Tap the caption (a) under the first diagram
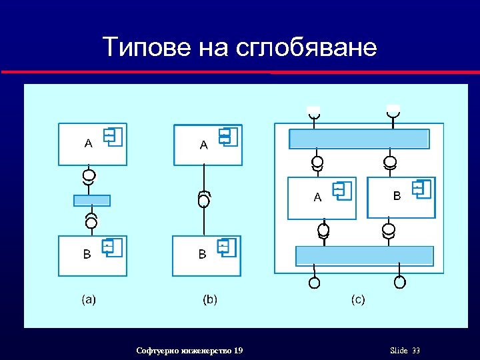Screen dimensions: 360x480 [89, 300]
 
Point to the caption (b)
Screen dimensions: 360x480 [210, 300]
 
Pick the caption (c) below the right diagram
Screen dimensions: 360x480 [358, 300]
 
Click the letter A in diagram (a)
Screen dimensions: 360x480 [88, 143]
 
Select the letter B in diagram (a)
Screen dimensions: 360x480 [87, 254]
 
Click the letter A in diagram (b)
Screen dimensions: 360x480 [204, 145]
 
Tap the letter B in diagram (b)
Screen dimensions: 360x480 [203, 254]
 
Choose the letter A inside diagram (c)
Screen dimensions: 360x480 [317, 197]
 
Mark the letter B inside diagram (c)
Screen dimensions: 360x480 [397, 196]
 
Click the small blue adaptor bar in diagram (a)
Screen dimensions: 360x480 [92, 201]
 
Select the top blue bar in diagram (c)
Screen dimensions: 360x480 [359, 139]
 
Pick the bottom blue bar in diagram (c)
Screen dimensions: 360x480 [364, 256]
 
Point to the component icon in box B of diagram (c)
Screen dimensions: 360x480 [421, 189]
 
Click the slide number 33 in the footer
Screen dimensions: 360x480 [416, 351]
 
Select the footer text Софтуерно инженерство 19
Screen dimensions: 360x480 [189, 351]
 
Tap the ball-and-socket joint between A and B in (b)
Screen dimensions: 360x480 [204, 199]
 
